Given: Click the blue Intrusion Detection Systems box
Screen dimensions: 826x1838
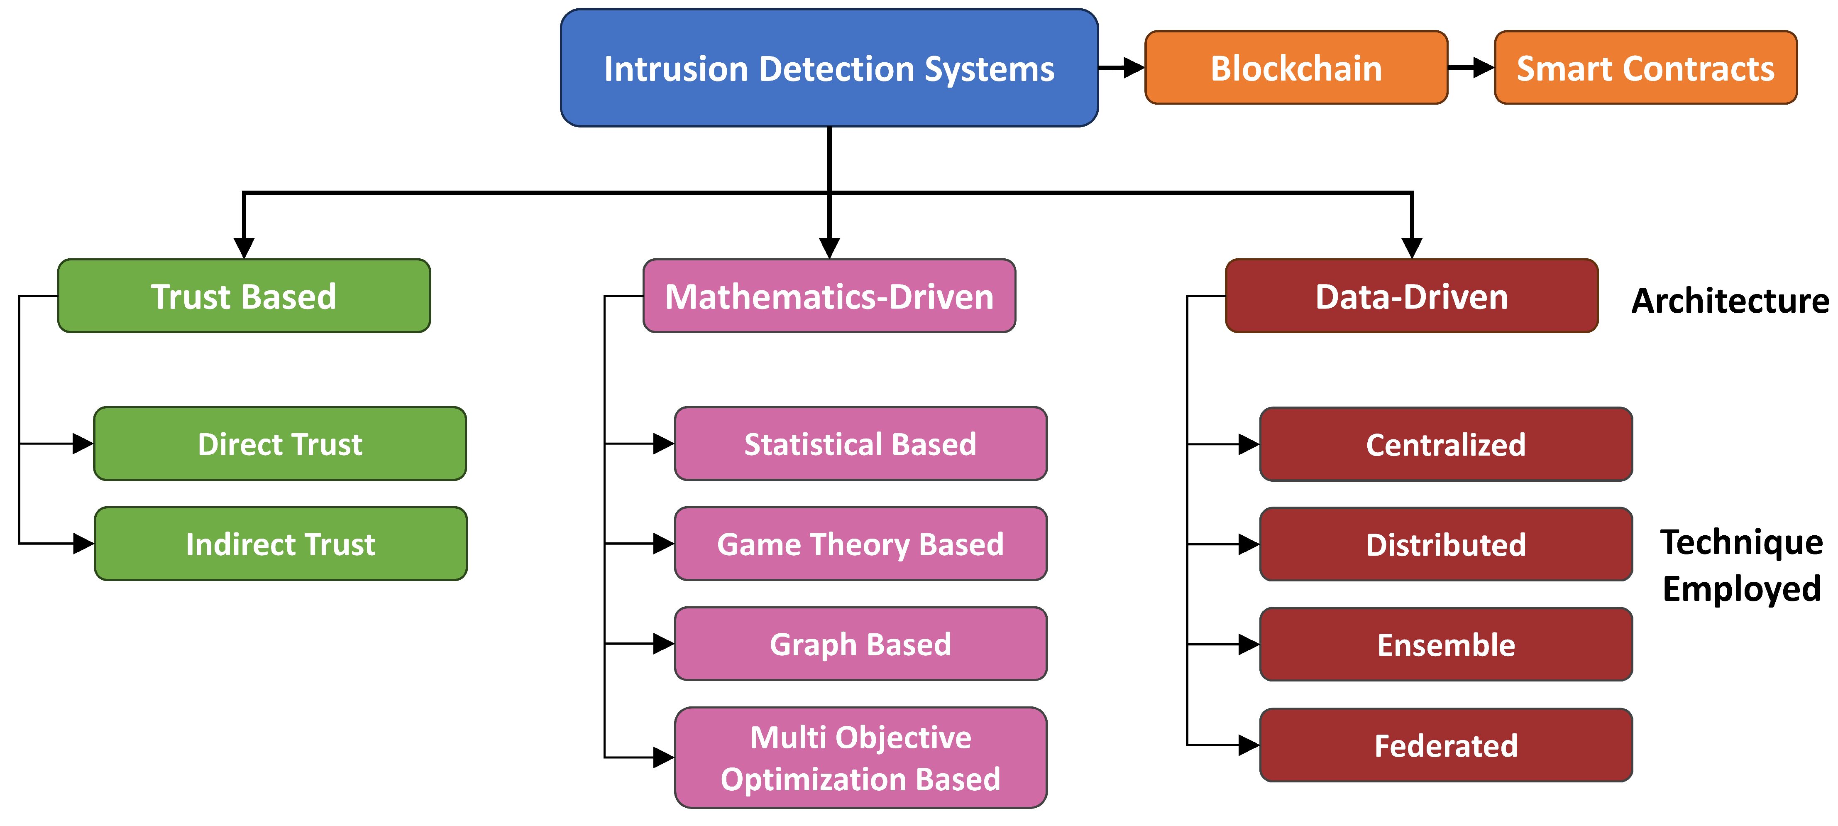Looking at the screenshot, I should point(829,69).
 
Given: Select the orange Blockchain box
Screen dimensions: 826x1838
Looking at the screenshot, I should point(1296,68).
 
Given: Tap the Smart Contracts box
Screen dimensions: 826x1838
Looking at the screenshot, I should point(1645,68).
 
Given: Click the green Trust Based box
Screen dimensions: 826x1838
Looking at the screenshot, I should point(244,296).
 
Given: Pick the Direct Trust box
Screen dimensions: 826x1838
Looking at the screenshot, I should point(280,444).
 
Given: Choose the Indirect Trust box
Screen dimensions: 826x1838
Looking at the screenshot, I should point(281,543).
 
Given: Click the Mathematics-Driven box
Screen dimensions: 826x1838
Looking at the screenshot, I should point(829,296).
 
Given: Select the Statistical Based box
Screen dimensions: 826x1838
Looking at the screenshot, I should point(860,444).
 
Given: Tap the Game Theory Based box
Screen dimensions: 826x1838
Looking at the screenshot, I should point(860,543).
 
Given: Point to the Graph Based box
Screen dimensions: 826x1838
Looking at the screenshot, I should point(860,643).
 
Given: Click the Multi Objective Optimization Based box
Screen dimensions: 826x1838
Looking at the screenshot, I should point(860,757).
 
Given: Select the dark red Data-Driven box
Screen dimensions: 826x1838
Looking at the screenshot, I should point(1411,296).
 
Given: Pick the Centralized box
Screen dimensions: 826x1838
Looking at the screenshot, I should point(1446,444).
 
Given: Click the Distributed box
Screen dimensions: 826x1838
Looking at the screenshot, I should point(1446,544).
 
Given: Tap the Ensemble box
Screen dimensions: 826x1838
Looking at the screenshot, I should point(1446,644).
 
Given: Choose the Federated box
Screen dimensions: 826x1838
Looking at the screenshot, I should point(1446,745).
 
